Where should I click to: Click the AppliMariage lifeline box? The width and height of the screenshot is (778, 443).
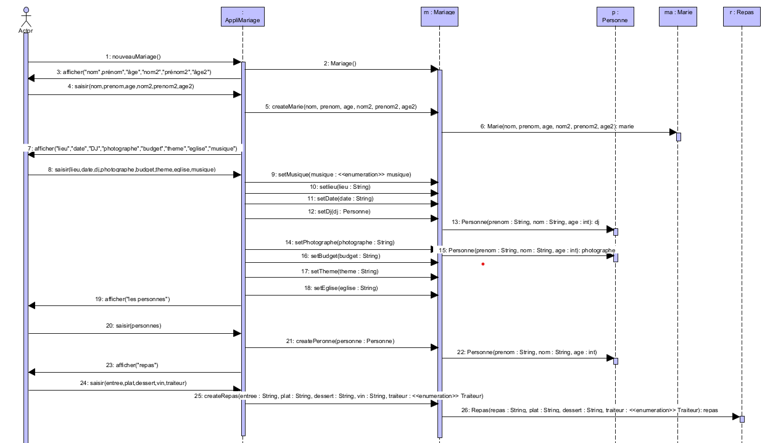coord(242,17)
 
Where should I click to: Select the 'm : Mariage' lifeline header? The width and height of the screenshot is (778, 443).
coord(439,17)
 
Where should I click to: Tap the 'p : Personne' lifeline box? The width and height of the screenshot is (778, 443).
coord(615,17)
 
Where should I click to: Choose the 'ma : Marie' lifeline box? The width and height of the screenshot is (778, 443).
coord(677,17)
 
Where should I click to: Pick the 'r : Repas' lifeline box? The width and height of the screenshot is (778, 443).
coord(742,17)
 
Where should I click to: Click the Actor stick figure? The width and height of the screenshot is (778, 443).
coord(26,17)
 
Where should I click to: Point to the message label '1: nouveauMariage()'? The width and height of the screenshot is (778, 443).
coord(133,57)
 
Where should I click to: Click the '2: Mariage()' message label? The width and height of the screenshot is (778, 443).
coord(339,64)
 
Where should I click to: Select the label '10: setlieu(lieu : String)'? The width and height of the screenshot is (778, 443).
coord(341,186)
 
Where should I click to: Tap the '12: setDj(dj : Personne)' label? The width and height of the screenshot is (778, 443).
coord(340,212)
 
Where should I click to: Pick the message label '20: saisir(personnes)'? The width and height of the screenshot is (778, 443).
coord(134,325)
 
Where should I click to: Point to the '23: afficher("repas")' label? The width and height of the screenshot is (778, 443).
coord(134,365)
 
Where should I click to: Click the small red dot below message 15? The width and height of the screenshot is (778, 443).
coord(483,264)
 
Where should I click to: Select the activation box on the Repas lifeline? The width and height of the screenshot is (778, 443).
coord(742,419)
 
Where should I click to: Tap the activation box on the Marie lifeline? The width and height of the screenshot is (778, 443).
coord(678,136)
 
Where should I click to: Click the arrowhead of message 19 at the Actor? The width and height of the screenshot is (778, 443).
coord(33,305)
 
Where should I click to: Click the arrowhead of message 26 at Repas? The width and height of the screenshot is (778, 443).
coord(735,417)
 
